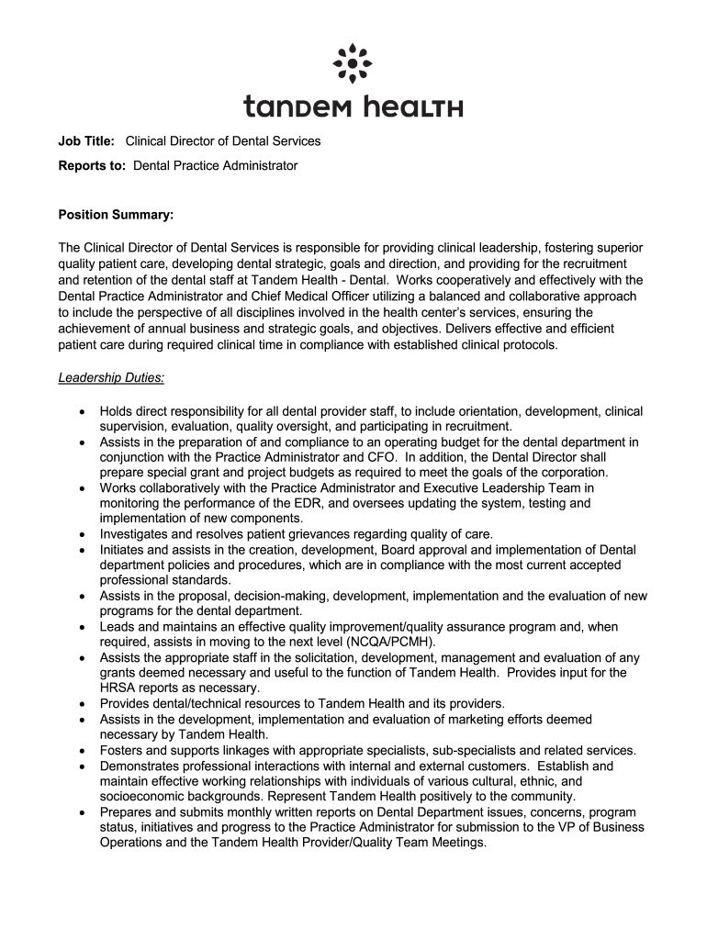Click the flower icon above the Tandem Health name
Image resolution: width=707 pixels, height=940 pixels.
(353, 62)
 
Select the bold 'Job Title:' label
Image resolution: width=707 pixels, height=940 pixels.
(87, 140)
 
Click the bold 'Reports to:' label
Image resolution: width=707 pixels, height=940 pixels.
(93, 165)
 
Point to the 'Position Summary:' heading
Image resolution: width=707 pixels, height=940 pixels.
(116, 215)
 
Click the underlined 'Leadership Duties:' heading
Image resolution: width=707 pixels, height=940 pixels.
(111, 377)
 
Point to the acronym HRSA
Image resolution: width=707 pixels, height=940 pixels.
(118, 688)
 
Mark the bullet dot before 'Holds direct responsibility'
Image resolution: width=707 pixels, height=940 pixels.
(83, 411)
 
